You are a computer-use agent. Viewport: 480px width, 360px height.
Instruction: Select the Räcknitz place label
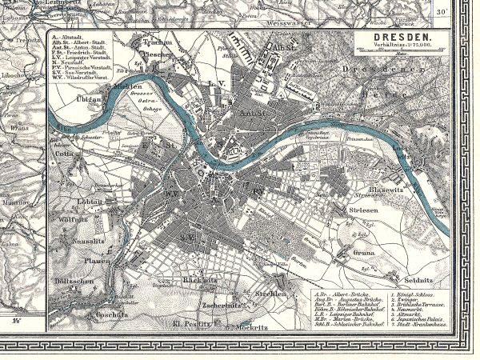(196, 282)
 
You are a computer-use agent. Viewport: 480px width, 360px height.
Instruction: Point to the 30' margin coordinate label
(465, 13)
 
